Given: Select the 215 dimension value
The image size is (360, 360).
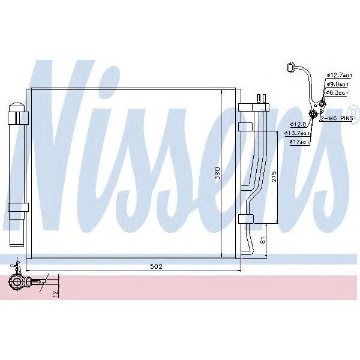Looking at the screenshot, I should [272, 178].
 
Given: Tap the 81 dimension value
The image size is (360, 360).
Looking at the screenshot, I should [262, 241].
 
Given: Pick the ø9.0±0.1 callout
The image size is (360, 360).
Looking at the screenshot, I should [338, 84].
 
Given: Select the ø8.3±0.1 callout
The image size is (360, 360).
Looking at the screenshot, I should [338, 93].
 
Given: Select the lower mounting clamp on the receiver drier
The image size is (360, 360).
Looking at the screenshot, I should [18, 207].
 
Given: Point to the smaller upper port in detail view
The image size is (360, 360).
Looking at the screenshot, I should [322, 104].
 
